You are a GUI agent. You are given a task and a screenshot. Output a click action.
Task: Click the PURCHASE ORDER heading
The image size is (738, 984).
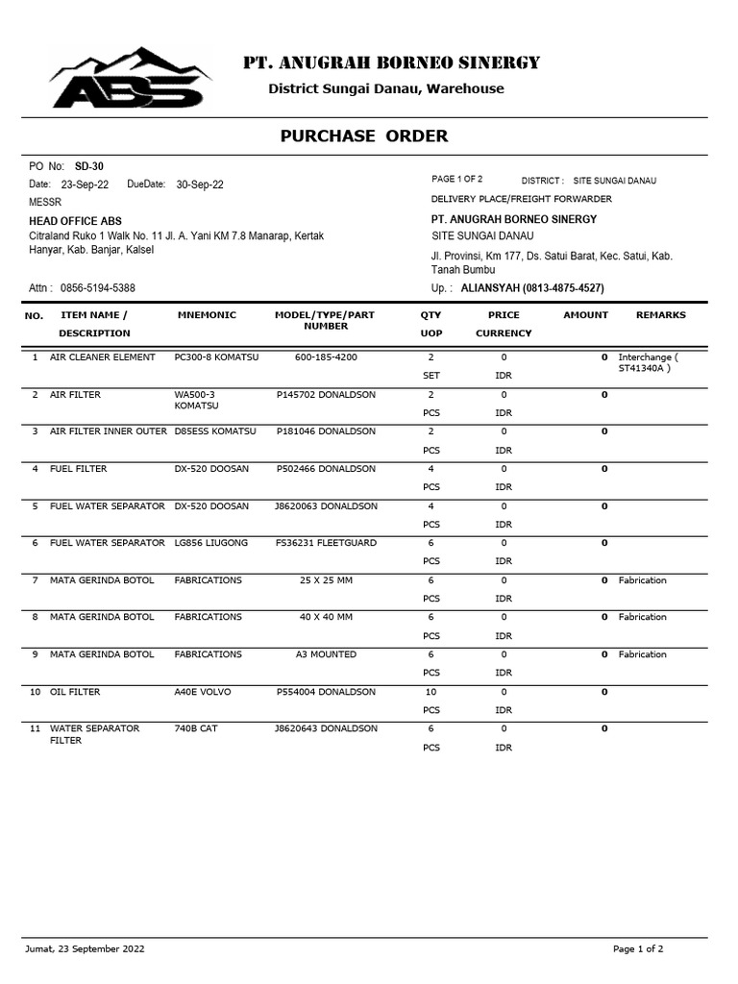[363, 135]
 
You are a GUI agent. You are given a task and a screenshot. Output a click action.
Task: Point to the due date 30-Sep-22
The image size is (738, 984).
[200, 184]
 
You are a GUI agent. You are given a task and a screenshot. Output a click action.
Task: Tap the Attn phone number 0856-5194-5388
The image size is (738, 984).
[97, 287]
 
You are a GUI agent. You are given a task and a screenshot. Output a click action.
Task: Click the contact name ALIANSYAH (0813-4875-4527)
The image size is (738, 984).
[532, 288]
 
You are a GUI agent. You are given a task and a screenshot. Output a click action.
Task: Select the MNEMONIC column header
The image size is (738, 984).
[207, 315]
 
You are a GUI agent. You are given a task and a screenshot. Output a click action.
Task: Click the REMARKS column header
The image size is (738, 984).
[660, 315]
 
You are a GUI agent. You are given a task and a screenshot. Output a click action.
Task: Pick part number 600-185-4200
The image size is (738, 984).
[326, 357]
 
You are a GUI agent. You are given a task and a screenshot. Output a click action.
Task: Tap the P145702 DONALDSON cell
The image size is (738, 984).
[326, 395]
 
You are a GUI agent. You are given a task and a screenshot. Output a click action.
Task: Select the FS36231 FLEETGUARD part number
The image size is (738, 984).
[326, 543]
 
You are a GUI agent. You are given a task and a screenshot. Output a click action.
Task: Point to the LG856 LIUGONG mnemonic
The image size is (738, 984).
[210, 543]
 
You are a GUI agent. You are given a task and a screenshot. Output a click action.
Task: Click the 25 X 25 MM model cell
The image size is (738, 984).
[326, 580]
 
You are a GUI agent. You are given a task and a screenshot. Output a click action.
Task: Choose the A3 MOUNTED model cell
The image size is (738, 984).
[326, 654]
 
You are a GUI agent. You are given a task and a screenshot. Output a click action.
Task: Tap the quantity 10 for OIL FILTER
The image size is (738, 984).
[430, 692]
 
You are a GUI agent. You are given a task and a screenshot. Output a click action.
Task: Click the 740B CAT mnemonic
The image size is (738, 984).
[196, 728]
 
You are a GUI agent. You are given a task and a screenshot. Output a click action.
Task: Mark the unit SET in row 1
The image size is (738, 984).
[430, 376]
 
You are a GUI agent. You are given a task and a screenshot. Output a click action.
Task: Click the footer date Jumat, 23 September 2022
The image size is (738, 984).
[86, 948]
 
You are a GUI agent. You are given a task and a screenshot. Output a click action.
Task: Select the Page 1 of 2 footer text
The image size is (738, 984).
[638, 948]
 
